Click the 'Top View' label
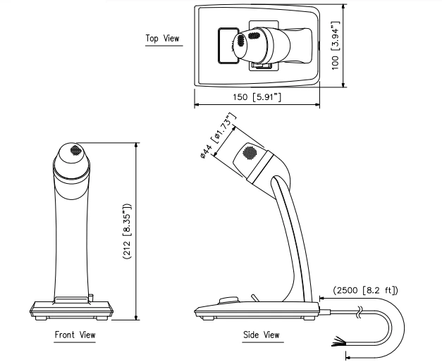click(162, 38)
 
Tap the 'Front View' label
click(75, 335)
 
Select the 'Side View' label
click(261, 335)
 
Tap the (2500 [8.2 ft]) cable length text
click(365, 289)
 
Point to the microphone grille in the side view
click(250, 152)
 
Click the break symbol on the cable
click(362, 310)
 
